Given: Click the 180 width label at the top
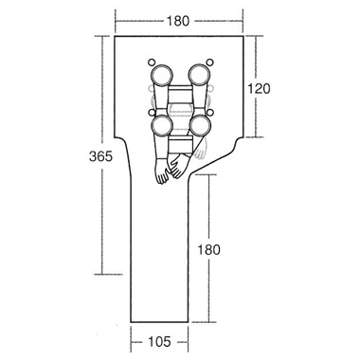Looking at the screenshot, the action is click(178, 21).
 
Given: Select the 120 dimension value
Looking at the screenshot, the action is click(259, 89).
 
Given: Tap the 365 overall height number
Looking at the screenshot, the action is click(100, 156).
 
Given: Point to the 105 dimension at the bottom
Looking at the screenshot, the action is click(159, 341).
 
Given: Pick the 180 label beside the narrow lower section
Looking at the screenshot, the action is click(208, 250).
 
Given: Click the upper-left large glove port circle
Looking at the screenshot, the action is click(162, 75).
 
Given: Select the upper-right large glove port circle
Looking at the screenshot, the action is click(199, 75).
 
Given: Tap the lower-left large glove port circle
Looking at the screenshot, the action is click(162, 125).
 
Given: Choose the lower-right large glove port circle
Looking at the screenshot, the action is click(200, 125).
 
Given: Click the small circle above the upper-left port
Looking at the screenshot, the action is click(152, 63).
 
